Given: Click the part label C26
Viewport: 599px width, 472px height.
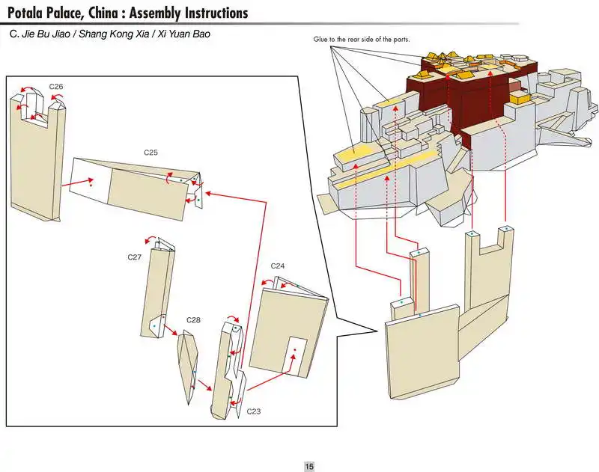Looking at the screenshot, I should [56, 87].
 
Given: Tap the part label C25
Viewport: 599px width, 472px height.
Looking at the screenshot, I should [150, 153].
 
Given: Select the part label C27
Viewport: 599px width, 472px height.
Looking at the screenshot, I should [134, 257].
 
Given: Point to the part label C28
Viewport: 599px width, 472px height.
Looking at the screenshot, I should [193, 320].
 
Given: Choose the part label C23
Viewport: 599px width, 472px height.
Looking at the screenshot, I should [254, 411].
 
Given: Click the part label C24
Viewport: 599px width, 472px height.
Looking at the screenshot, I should [278, 266].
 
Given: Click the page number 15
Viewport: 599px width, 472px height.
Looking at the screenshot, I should [308, 466].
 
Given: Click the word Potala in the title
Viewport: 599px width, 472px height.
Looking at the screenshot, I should [30, 13].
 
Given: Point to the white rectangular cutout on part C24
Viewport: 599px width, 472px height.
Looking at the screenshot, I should [297, 354].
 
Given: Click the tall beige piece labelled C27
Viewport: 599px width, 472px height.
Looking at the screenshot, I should [156, 292].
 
